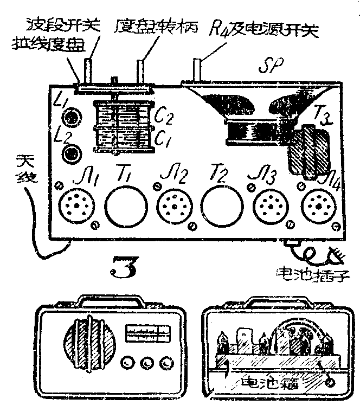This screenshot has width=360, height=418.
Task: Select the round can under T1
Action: [x=126, y=208]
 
